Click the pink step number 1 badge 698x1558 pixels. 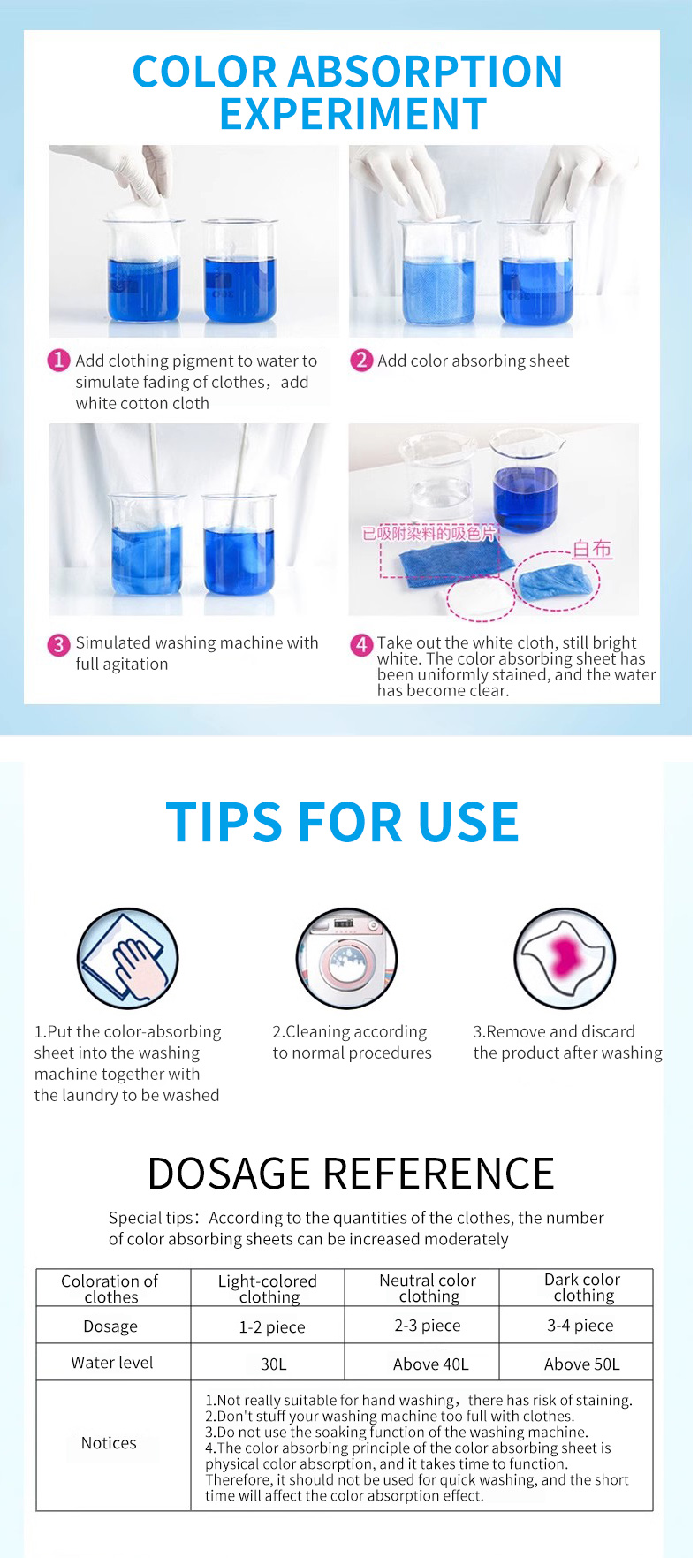[x=58, y=361]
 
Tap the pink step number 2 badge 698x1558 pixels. [x=361, y=361]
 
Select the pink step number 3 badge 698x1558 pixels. [x=58, y=644]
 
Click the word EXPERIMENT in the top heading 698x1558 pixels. [x=353, y=114]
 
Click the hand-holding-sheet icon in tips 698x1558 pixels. [x=128, y=959]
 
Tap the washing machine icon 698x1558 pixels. [x=346, y=959]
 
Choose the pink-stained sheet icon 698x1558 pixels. [x=565, y=959]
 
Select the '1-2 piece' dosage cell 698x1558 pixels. [x=272, y=1326]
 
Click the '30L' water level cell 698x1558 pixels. [x=273, y=1364]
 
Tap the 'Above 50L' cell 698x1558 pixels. [x=581, y=1364]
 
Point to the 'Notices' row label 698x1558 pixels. [x=109, y=1443]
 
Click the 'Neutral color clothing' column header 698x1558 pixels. [x=428, y=1288]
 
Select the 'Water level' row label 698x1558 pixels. [x=112, y=1363]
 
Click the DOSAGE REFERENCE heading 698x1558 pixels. [x=350, y=1174]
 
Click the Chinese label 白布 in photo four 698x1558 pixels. [x=591, y=549]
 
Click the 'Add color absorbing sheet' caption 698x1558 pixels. [x=473, y=361]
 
